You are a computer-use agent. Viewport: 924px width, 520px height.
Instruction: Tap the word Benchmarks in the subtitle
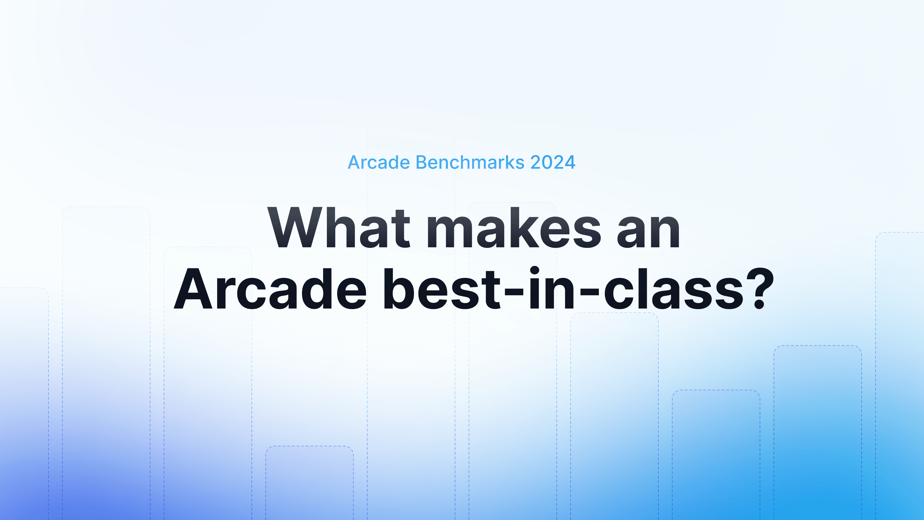(x=470, y=163)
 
